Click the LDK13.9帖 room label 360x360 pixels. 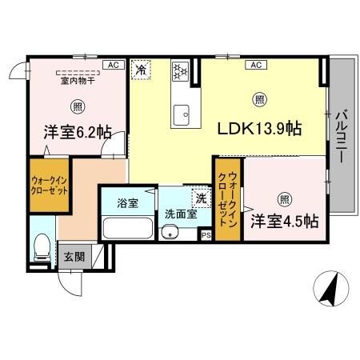[254, 127]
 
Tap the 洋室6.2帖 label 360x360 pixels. [78, 134]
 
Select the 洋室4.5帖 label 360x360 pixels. [284, 220]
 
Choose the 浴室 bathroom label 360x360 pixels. [127, 203]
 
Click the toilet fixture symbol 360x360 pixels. [42, 248]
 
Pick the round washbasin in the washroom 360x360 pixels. [168, 233]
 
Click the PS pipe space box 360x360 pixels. [206, 235]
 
